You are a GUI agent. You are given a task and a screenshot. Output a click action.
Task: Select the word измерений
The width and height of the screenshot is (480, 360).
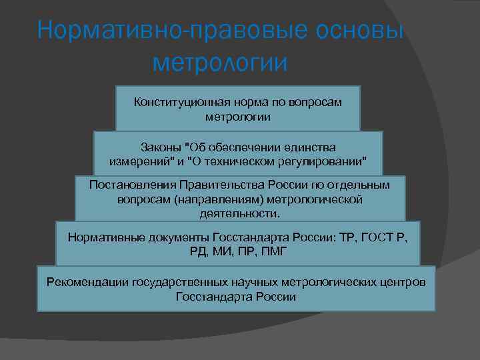pyautogui.click(x=138, y=161)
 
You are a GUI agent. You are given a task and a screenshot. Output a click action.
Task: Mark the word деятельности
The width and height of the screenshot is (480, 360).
pyautogui.click(x=239, y=214)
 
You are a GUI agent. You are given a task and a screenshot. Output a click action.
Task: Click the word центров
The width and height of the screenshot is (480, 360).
pyautogui.click(x=403, y=282)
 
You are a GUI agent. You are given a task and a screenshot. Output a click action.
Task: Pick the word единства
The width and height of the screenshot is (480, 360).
pyautogui.click(x=312, y=147)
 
